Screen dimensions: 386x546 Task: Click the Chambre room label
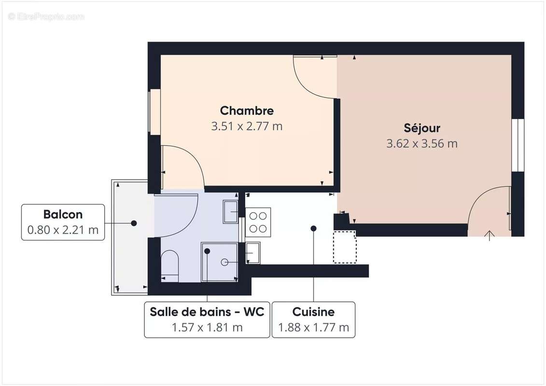(247, 110)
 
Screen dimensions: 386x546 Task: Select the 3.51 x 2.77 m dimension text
(247, 126)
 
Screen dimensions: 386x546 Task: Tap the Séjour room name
(421, 128)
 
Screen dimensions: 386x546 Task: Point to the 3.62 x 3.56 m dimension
(421, 143)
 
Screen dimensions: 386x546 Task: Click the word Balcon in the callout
(63, 214)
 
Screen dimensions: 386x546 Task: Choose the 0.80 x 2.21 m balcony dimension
(63, 230)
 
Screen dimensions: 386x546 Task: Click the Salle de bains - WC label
(207, 312)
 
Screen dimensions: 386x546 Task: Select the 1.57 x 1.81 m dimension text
(207, 328)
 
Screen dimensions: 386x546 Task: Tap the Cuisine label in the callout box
(313, 312)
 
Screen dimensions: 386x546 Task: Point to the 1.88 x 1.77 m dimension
(313, 328)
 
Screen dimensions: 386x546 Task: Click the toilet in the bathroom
(169, 265)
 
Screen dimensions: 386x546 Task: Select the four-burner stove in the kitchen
(258, 222)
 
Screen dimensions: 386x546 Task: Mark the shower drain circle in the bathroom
(224, 262)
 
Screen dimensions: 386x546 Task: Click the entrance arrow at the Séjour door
(490, 235)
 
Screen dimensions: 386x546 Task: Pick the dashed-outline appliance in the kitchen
(345, 247)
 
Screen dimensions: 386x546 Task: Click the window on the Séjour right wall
(518, 145)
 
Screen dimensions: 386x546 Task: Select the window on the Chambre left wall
(154, 112)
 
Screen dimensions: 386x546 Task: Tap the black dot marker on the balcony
(134, 223)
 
